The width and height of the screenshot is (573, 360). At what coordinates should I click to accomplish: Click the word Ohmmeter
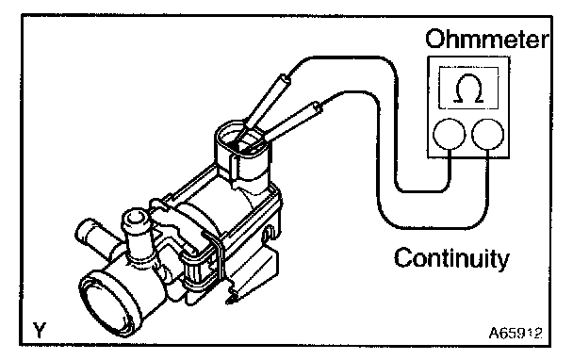tap(487, 39)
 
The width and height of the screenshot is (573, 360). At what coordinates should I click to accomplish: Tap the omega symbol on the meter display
tap(468, 89)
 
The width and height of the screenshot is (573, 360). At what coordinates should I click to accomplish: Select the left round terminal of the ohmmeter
tap(450, 134)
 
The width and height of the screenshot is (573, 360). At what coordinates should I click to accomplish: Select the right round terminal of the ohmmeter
tap(488, 134)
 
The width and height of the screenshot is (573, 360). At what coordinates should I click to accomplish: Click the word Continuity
tap(451, 258)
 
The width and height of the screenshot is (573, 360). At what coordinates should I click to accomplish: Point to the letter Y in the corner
tap(40, 330)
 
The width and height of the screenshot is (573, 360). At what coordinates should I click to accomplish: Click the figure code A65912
tap(516, 333)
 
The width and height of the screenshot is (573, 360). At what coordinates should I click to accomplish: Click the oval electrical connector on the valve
tap(243, 143)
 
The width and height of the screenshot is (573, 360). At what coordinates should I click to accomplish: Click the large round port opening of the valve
tap(109, 303)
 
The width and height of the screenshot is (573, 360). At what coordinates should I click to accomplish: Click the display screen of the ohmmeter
tap(468, 88)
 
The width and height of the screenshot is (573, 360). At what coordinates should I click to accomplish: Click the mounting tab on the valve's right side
tap(270, 234)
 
